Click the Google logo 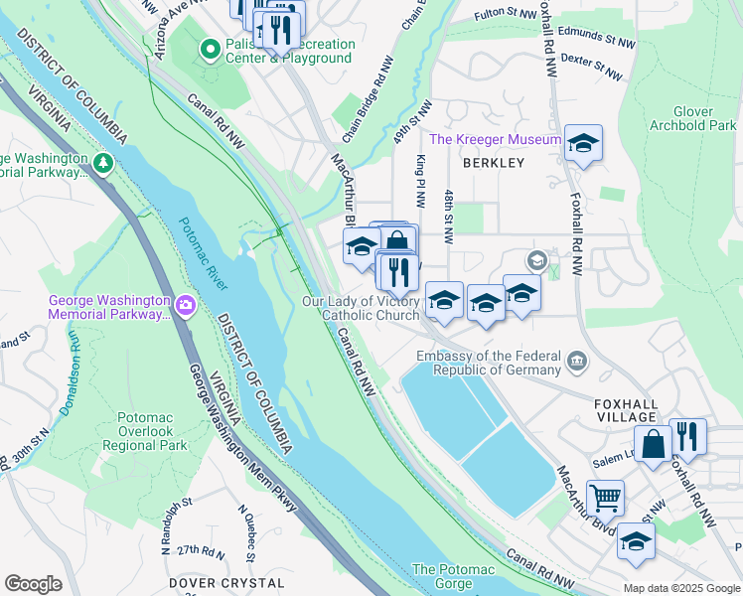pos(33,584)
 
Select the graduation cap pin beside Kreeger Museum pos(583,144)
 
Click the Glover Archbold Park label pos(691,118)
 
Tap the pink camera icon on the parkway pos(185,305)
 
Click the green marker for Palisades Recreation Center pos(210,48)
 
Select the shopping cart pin pos(605,497)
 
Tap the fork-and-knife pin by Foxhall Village pos(687,436)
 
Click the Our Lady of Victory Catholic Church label pos(361,308)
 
